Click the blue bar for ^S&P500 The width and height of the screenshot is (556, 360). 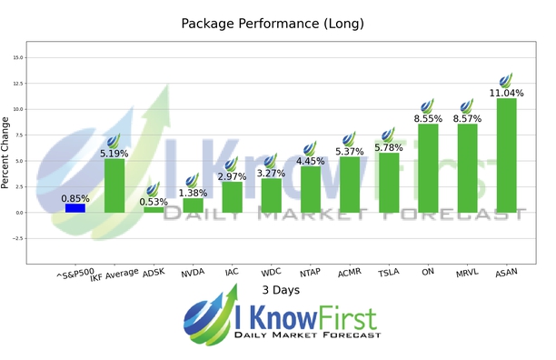tap(75, 208)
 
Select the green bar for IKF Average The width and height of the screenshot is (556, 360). tap(114, 186)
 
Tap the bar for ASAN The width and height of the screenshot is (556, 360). tap(506, 155)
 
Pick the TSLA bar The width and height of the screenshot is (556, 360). tap(389, 183)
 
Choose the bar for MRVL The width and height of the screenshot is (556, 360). tap(467, 168)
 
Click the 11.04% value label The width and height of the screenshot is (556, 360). tap(506, 93)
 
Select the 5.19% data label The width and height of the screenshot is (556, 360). tap(114, 154)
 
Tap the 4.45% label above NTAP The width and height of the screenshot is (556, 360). tap(311, 161)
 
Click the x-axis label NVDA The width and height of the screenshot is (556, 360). tap(193, 271)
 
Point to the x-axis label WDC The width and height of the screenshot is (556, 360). tap(271, 271)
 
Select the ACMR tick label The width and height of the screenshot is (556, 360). tap(349, 271)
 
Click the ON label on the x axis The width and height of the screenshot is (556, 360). tap(428, 271)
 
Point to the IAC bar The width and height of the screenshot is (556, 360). tap(232, 197)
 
